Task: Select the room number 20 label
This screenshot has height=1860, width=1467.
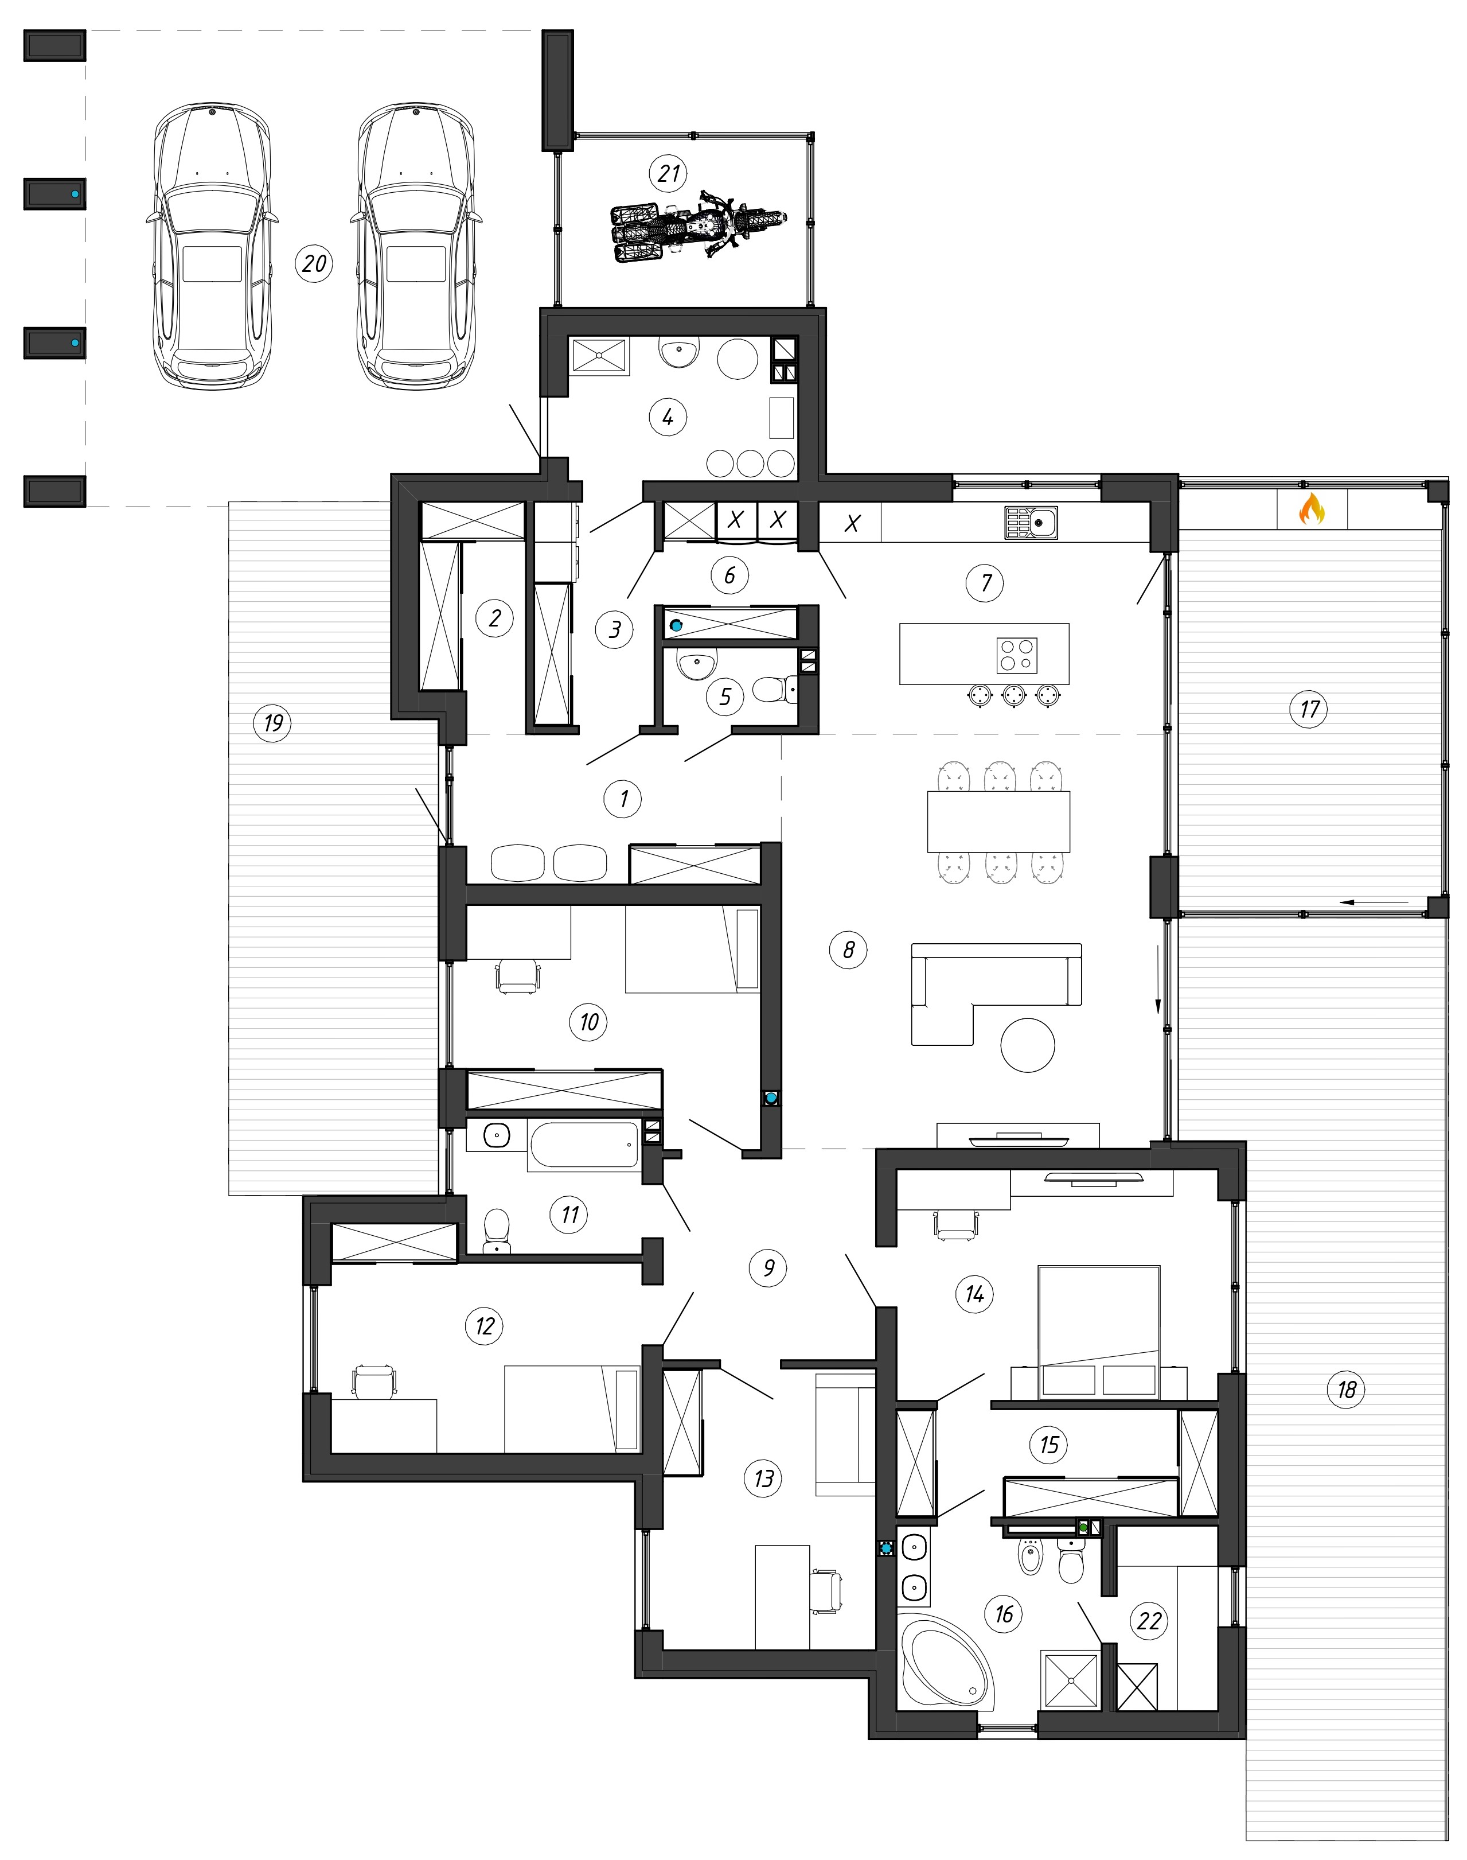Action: tap(314, 263)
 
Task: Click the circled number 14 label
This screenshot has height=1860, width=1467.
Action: tap(974, 1293)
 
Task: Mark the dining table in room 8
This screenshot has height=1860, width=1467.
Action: tap(999, 822)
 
